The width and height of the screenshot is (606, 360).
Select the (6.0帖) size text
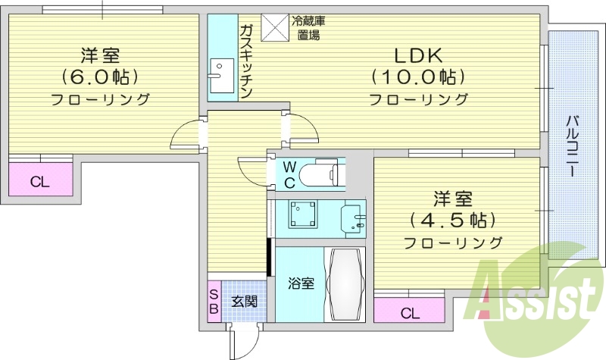click(99, 77)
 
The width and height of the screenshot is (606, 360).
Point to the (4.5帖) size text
click(452, 221)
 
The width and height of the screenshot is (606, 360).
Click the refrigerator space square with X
click(275, 27)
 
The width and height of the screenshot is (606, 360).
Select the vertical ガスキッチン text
click(246, 60)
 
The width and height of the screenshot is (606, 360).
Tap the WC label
click(289, 174)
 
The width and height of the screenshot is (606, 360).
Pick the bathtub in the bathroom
click(345, 284)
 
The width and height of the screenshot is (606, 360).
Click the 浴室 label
click(301, 284)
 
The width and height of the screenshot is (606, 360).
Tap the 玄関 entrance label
click(244, 301)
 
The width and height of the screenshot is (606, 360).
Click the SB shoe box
click(214, 301)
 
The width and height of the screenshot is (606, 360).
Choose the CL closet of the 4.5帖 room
click(410, 311)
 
